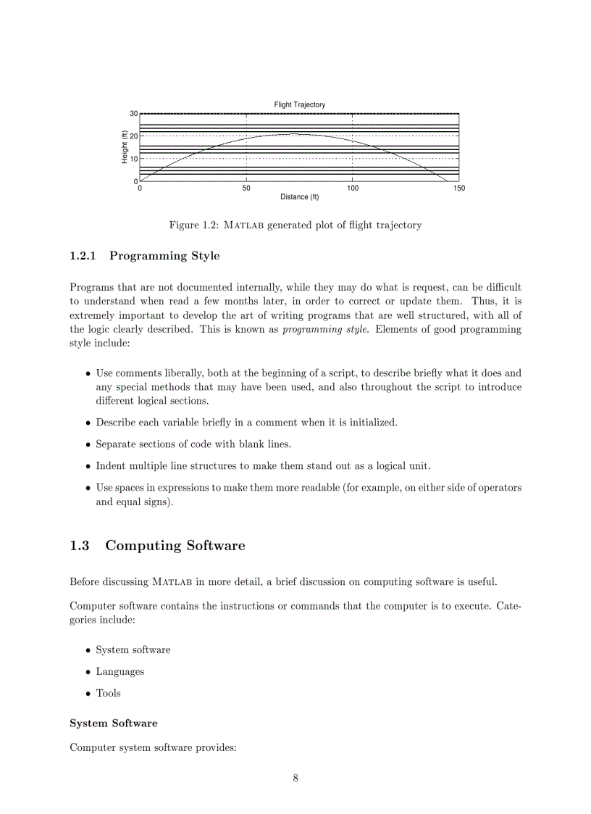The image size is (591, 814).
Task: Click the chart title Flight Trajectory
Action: [x=299, y=104]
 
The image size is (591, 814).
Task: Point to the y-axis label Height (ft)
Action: [x=125, y=147]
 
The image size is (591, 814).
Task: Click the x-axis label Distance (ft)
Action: [x=299, y=197]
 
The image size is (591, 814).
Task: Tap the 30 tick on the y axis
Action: [x=133, y=114]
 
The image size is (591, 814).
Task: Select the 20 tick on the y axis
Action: [x=133, y=136]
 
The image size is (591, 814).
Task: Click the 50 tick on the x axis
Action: [x=246, y=188]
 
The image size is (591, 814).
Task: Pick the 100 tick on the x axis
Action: [x=352, y=188]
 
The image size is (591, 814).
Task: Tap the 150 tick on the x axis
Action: [x=458, y=188]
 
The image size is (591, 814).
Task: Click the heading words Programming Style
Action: [x=164, y=256]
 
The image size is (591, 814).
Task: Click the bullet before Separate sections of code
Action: [x=88, y=444]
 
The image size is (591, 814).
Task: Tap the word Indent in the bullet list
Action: [x=111, y=465]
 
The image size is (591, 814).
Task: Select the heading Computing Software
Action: [x=175, y=546]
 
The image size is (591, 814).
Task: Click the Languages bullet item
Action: [x=120, y=671]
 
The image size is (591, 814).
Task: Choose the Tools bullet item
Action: [x=108, y=693]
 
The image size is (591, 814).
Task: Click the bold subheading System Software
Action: [x=113, y=723]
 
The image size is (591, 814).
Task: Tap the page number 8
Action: [x=295, y=778]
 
